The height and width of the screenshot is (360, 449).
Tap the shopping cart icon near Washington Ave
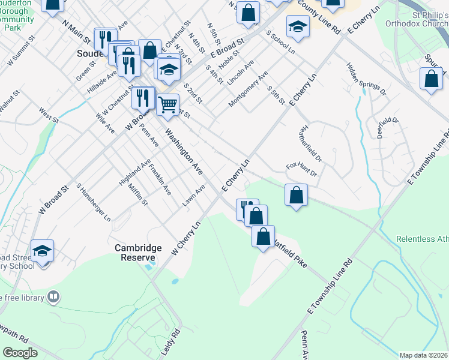point(167,104)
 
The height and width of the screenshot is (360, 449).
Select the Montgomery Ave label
point(248,91)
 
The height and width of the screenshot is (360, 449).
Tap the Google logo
point(20,352)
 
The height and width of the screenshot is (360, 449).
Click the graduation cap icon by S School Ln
point(298,26)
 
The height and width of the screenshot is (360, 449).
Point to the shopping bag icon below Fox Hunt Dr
point(296,195)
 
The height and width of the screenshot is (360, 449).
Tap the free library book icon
point(54,297)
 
